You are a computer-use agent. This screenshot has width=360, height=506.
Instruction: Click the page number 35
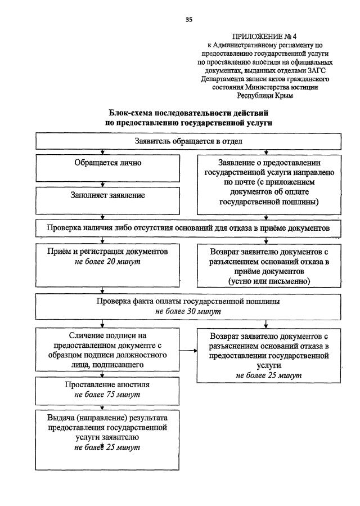189,20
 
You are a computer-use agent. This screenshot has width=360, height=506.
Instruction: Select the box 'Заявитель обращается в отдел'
188,141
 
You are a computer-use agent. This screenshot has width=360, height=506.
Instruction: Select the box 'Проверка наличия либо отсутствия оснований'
188,228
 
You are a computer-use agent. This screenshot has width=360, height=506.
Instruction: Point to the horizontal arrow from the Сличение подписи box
188,351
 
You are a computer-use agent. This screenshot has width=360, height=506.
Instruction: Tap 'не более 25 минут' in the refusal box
268,375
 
